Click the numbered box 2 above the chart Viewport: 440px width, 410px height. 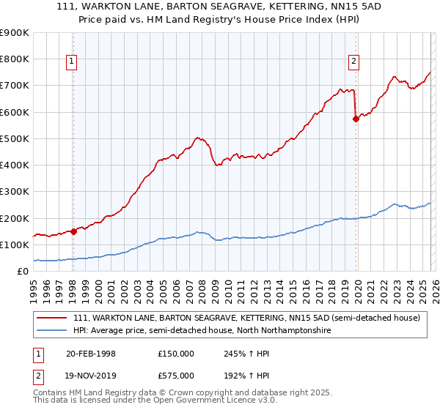coord(353,62)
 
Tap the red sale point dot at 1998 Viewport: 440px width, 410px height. coord(73,231)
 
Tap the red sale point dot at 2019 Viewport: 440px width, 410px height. coord(356,119)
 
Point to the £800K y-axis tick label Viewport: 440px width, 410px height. coord(15,59)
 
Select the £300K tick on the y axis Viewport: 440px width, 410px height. coord(15,192)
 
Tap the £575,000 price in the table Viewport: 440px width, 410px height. coord(175,375)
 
